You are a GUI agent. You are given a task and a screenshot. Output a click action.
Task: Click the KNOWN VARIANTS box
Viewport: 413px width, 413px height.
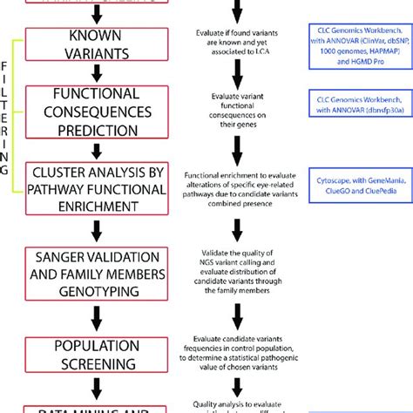[96, 44]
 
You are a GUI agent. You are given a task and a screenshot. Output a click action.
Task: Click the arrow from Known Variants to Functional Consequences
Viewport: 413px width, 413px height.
[96, 71]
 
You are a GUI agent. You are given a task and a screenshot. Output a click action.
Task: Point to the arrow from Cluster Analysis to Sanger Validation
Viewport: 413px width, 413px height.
[96, 227]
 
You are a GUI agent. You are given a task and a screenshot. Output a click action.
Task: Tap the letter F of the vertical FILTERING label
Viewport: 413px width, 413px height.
[10, 64]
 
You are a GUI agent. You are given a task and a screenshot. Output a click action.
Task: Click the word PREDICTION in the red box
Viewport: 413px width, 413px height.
[96, 127]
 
